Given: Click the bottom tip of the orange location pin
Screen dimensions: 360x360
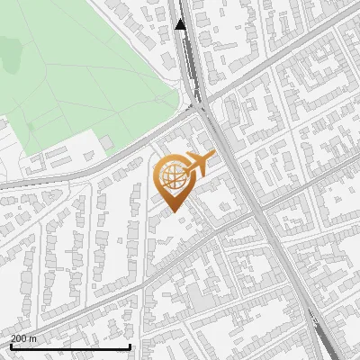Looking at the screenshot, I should click(x=172, y=212).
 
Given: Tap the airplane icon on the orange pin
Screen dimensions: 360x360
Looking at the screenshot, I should click(x=198, y=164).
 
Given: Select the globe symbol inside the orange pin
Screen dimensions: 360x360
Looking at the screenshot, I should click(x=174, y=176).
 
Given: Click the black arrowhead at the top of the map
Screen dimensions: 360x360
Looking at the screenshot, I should click(x=181, y=24).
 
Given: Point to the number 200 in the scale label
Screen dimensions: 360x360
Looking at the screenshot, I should click(x=19, y=338).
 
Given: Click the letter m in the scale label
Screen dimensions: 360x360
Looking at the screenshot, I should click(x=33, y=338).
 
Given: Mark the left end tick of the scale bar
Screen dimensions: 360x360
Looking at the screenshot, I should click(x=10, y=346).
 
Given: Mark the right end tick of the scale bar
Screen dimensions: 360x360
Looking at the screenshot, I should click(x=130, y=346).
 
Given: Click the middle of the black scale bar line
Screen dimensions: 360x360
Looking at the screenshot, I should click(x=70, y=347).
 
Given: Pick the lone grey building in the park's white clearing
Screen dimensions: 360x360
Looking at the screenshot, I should click(x=107, y=142).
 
